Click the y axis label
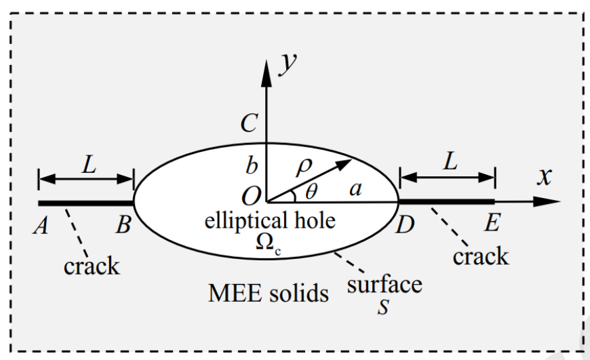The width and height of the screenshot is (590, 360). point(288,64)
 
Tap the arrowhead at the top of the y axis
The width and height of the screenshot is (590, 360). point(267,73)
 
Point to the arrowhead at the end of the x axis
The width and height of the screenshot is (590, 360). point(547,201)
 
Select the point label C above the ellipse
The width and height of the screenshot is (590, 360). point(249,123)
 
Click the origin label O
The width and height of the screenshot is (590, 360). point(251,197)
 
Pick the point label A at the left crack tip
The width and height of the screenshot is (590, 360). point(41,226)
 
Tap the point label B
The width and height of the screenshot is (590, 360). point(123,225)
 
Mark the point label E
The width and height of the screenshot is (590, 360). point(492,222)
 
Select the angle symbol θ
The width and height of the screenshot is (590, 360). point(311,191)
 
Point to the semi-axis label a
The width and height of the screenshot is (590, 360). point(355,188)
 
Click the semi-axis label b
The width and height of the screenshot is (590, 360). point(252,165)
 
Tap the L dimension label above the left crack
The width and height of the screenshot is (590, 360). point(89,164)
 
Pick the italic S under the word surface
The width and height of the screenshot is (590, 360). point(383,307)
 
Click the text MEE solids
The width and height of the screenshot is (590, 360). point(269,293)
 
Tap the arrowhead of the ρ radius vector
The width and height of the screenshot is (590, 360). point(344,164)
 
